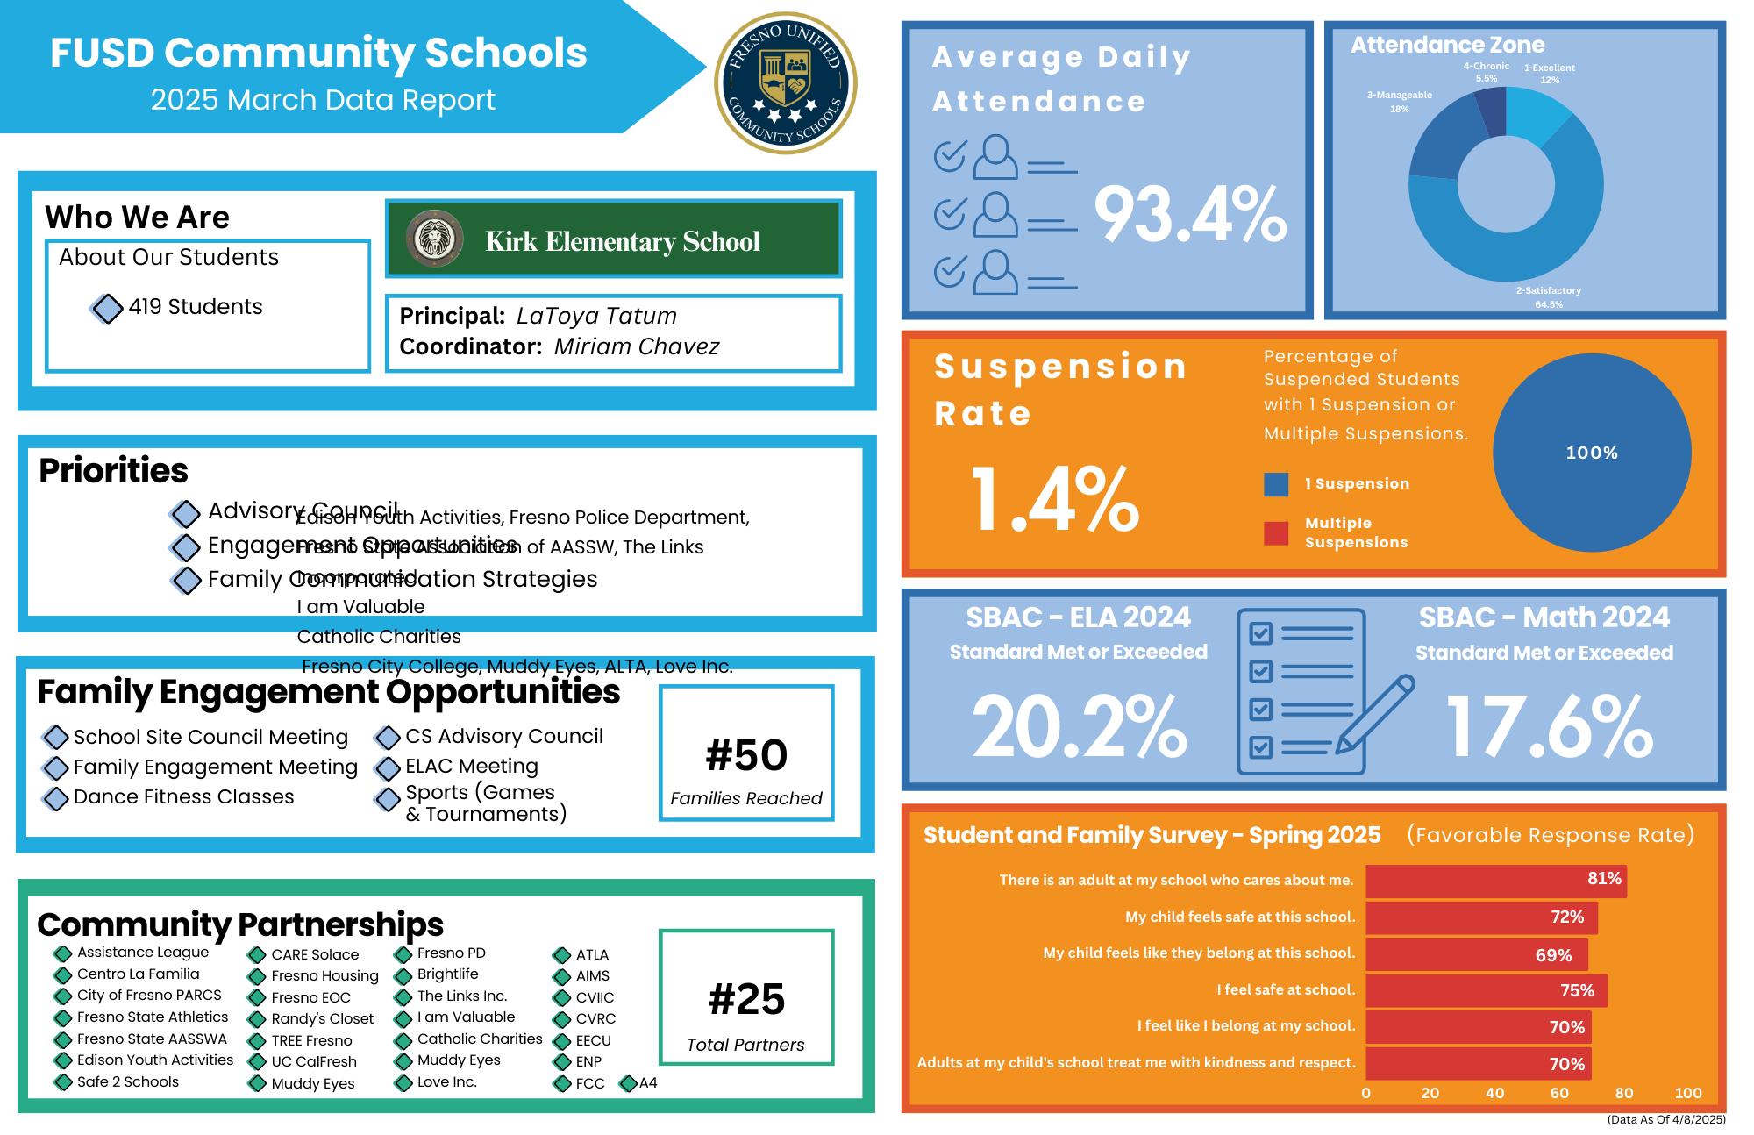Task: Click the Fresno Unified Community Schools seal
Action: pyautogui.click(x=785, y=82)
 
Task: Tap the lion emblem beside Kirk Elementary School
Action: pyautogui.click(x=435, y=239)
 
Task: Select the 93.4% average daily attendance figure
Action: pyautogui.click(x=1189, y=215)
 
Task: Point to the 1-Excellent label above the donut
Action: pyautogui.click(x=1549, y=68)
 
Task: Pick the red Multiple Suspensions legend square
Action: pyautogui.click(x=1276, y=532)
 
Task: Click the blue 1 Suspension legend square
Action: pyautogui.click(x=1276, y=484)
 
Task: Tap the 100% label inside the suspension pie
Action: pyautogui.click(x=1592, y=453)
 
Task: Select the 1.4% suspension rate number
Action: pyautogui.click(x=1054, y=499)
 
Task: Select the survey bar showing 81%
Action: pyautogui.click(x=1495, y=881)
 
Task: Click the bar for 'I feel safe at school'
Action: pyautogui.click(x=1486, y=990)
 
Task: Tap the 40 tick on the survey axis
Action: pyautogui.click(x=1494, y=1093)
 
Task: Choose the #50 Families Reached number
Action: pyautogui.click(x=746, y=755)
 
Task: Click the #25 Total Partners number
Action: pyautogui.click(x=746, y=999)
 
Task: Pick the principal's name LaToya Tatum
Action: pyautogui.click(x=596, y=316)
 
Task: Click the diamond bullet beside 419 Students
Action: pyautogui.click(x=107, y=308)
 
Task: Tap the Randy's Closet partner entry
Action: pyautogui.click(x=322, y=1018)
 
